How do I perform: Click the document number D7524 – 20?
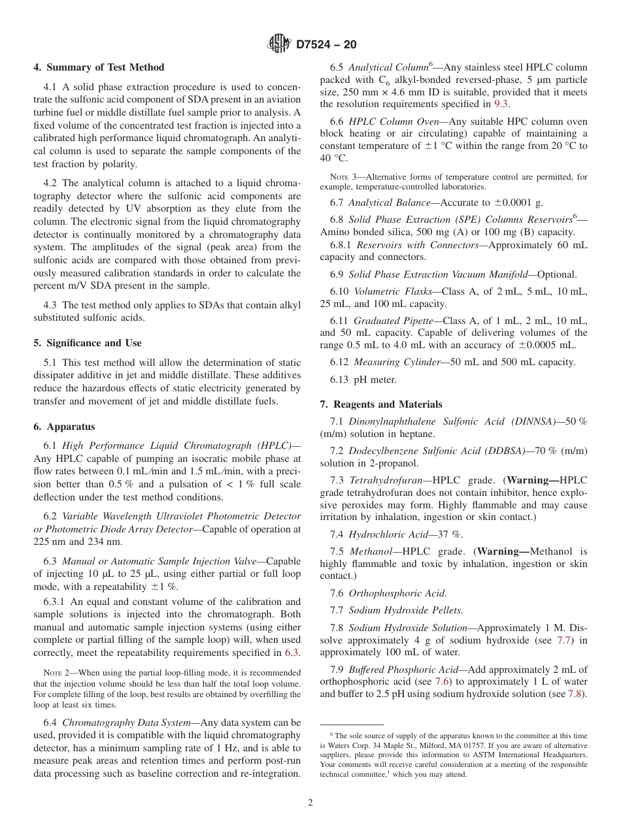pos(326,45)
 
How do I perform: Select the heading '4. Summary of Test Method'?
pos(99,67)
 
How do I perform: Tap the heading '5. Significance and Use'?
pos(88,343)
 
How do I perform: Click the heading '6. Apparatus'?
pos(64,427)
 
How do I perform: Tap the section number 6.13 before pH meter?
pos(341,380)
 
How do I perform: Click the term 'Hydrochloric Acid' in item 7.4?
pos(390,534)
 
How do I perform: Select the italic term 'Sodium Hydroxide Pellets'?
pos(405,610)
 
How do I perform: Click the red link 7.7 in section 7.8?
pos(563,640)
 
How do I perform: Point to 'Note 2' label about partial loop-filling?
pos(52,672)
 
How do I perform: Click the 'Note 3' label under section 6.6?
pos(339,177)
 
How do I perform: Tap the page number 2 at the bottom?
pos(310,803)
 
